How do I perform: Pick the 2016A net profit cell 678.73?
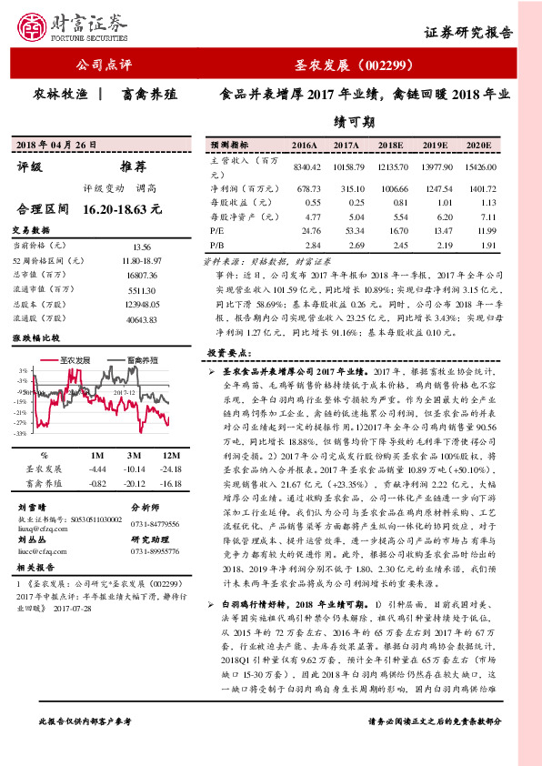point(304,186)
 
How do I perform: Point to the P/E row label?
point(216,232)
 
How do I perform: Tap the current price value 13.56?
point(142,247)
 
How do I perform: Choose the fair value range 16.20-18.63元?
point(122,208)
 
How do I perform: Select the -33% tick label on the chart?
point(18,434)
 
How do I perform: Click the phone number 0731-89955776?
point(156,550)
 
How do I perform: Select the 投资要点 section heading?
point(231,351)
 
